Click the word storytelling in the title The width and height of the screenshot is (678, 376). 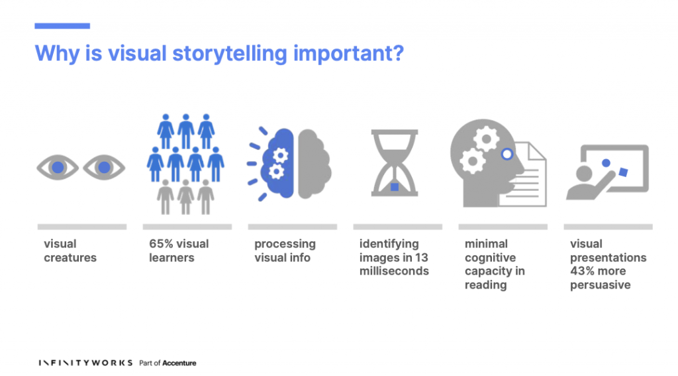(x=230, y=54)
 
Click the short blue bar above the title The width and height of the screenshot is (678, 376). (x=62, y=26)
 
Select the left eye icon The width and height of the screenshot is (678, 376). (x=58, y=167)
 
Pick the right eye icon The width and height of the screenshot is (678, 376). (x=104, y=167)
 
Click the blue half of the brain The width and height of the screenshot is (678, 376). (x=279, y=163)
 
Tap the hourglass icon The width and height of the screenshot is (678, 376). (x=395, y=163)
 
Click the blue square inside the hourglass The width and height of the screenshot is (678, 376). (x=395, y=187)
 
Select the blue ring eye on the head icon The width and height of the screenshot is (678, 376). (x=507, y=154)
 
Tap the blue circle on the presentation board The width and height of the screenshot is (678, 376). (x=606, y=163)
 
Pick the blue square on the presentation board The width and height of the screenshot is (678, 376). (x=623, y=172)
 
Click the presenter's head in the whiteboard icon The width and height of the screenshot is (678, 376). (x=584, y=174)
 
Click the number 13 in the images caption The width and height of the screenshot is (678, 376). (x=422, y=257)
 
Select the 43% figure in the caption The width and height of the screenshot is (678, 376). (x=582, y=271)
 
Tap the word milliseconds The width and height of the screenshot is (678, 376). (x=394, y=271)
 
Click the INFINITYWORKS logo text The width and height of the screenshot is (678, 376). (x=85, y=363)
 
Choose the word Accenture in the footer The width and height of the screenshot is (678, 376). (x=179, y=363)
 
